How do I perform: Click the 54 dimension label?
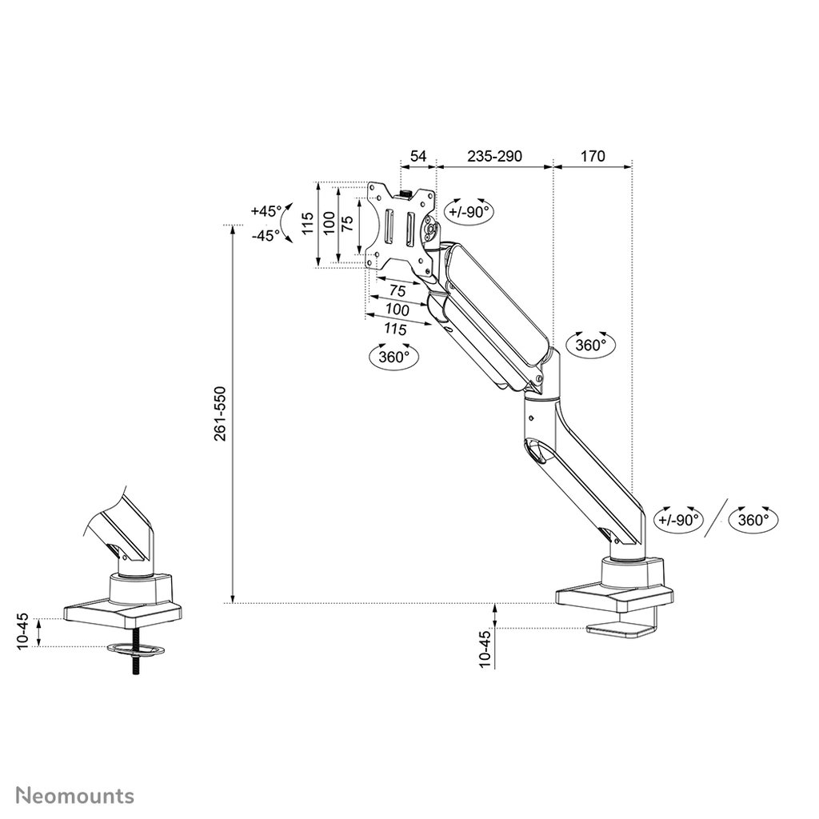(x=418, y=155)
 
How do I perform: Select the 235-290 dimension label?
(x=494, y=155)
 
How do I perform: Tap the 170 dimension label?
(x=593, y=155)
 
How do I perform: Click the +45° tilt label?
(x=265, y=211)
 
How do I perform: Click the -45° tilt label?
(x=265, y=236)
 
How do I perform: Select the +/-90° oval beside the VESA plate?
(x=468, y=212)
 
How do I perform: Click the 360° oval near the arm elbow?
(x=591, y=346)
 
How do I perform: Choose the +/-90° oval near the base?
(x=678, y=518)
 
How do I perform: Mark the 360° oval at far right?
(x=754, y=518)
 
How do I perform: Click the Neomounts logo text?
(x=76, y=773)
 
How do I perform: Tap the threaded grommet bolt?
(x=139, y=657)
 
